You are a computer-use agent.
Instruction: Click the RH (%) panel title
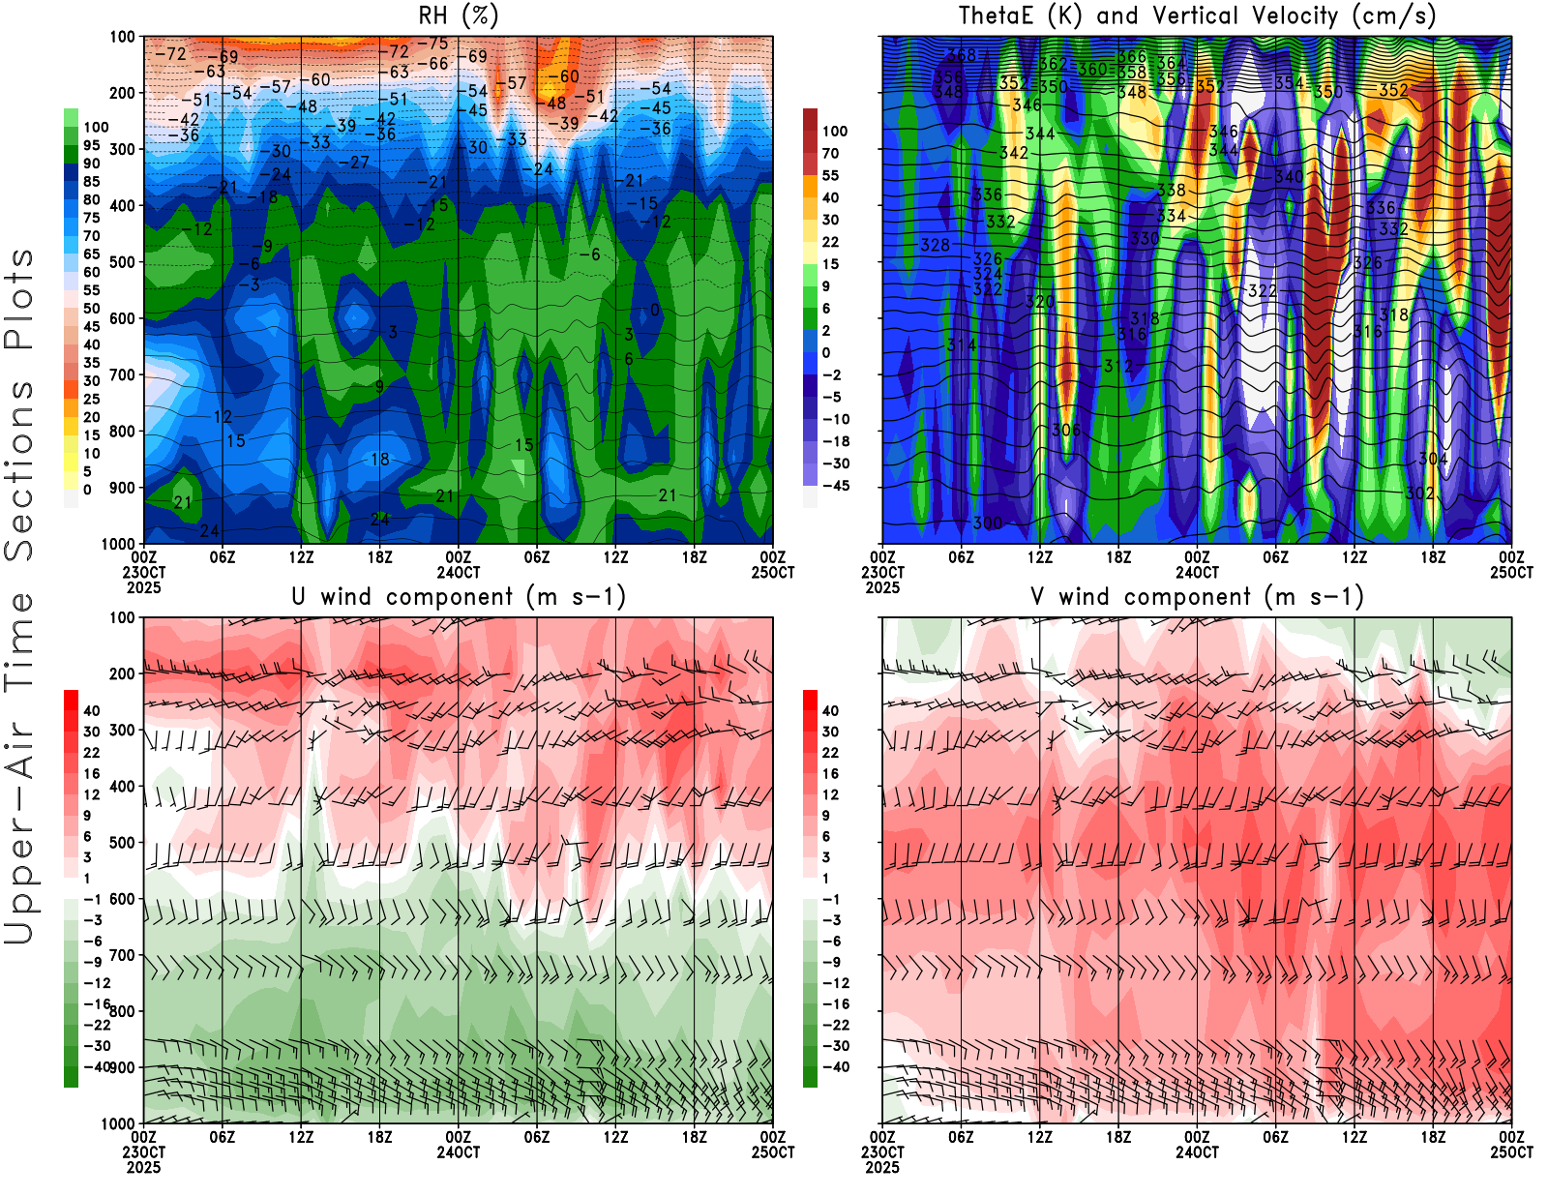(458, 16)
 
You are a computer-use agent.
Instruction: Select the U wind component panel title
(459, 597)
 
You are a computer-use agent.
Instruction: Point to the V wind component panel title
(1197, 597)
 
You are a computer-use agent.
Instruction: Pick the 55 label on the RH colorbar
(91, 290)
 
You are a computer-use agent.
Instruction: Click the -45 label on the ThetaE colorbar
(834, 486)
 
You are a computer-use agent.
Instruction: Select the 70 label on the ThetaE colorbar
(830, 153)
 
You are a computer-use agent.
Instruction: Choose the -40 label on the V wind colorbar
(834, 1067)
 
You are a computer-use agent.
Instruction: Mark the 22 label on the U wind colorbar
(91, 753)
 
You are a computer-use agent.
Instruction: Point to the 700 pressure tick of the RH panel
(122, 374)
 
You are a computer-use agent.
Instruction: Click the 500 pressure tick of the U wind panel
(122, 843)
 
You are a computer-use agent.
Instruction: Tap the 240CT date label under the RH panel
(458, 573)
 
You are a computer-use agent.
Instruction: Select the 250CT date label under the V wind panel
(1511, 1152)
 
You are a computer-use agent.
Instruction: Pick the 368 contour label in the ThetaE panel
(961, 55)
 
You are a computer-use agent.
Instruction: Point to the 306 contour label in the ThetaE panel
(1066, 430)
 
